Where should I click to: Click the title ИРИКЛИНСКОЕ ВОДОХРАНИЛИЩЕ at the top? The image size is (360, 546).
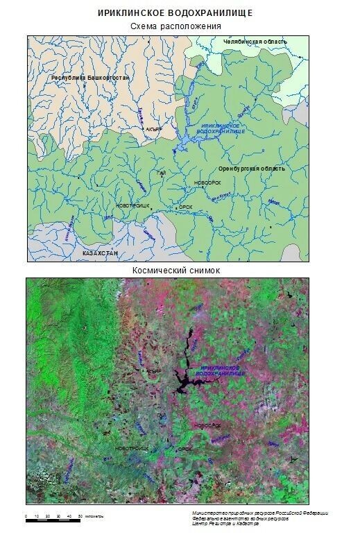[x=175, y=12]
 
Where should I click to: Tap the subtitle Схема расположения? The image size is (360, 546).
[x=175, y=26]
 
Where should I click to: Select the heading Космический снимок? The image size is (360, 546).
[x=175, y=270]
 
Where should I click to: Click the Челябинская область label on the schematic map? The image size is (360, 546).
[x=255, y=42]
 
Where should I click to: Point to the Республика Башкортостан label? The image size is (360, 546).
[x=90, y=78]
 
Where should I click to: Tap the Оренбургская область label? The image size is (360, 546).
[x=251, y=169]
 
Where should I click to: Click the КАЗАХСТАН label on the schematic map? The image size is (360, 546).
[x=101, y=253]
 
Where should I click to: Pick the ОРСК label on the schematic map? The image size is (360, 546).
[x=185, y=206]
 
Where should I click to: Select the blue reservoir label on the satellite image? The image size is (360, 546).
[x=221, y=370]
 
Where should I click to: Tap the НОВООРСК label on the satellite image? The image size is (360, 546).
[x=207, y=425]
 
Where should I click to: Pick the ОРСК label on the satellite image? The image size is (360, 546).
[x=185, y=449]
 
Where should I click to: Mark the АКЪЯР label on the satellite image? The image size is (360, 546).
[x=153, y=371]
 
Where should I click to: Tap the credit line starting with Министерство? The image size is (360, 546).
[x=260, y=513]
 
